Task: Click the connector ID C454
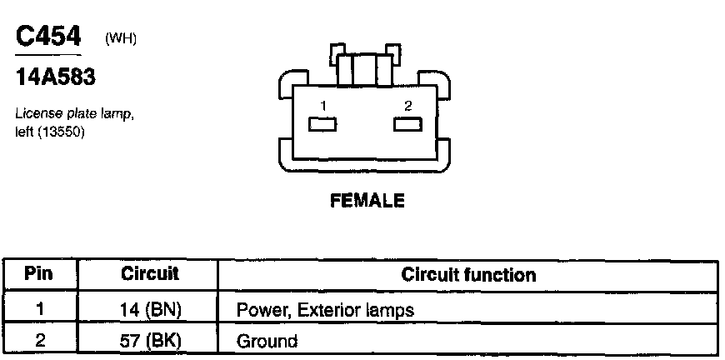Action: coord(49,37)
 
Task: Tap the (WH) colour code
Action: coord(120,39)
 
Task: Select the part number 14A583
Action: coord(56,78)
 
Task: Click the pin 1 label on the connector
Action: coord(322,107)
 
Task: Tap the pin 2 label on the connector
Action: coord(407,106)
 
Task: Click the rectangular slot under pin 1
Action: coord(322,124)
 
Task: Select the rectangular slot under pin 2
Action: coord(407,124)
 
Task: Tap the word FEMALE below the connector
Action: coord(367,201)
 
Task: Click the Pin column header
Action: coord(39,274)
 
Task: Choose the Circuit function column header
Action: coord(468,274)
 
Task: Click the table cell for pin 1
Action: coord(39,310)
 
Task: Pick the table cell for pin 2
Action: coord(39,340)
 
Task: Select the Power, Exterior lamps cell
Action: coord(326,311)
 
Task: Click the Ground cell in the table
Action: coord(267,341)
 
